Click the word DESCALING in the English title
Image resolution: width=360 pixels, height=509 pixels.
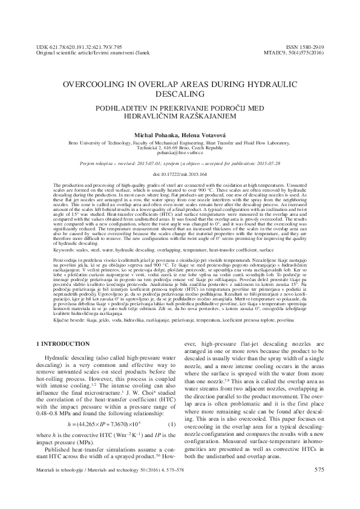[x=179, y=96]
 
